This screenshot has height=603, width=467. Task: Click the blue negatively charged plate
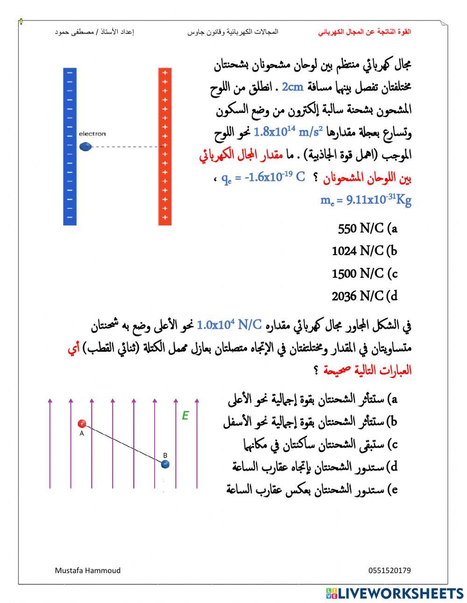pyautogui.click(x=70, y=146)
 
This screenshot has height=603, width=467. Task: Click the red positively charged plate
pyautogui.click(x=165, y=146)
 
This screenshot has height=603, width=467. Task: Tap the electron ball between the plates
pyautogui.click(x=85, y=147)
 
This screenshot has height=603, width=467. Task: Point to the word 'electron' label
pyautogui.click(x=92, y=134)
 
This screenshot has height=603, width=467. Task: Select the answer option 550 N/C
pyautogui.click(x=367, y=229)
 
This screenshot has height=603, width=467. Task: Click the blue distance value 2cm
pyautogui.click(x=293, y=87)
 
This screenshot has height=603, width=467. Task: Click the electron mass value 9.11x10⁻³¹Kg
pyautogui.click(x=366, y=200)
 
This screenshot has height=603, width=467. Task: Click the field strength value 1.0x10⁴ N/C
pyautogui.click(x=229, y=325)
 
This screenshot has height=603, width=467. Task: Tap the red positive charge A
pyautogui.click(x=82, y=424)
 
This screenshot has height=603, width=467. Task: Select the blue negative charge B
pyautogui.click(x=165, y=464)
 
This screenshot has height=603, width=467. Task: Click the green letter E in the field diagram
pyautogui.click(x=185, y=415)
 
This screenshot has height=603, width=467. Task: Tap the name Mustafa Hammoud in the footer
pyautogui.click(x=87, y=570)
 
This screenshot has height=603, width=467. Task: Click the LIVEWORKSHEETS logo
pyautogui.click(x=395, y=593)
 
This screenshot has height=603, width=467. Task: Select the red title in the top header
pyautogui.click(x=365, y=32)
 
